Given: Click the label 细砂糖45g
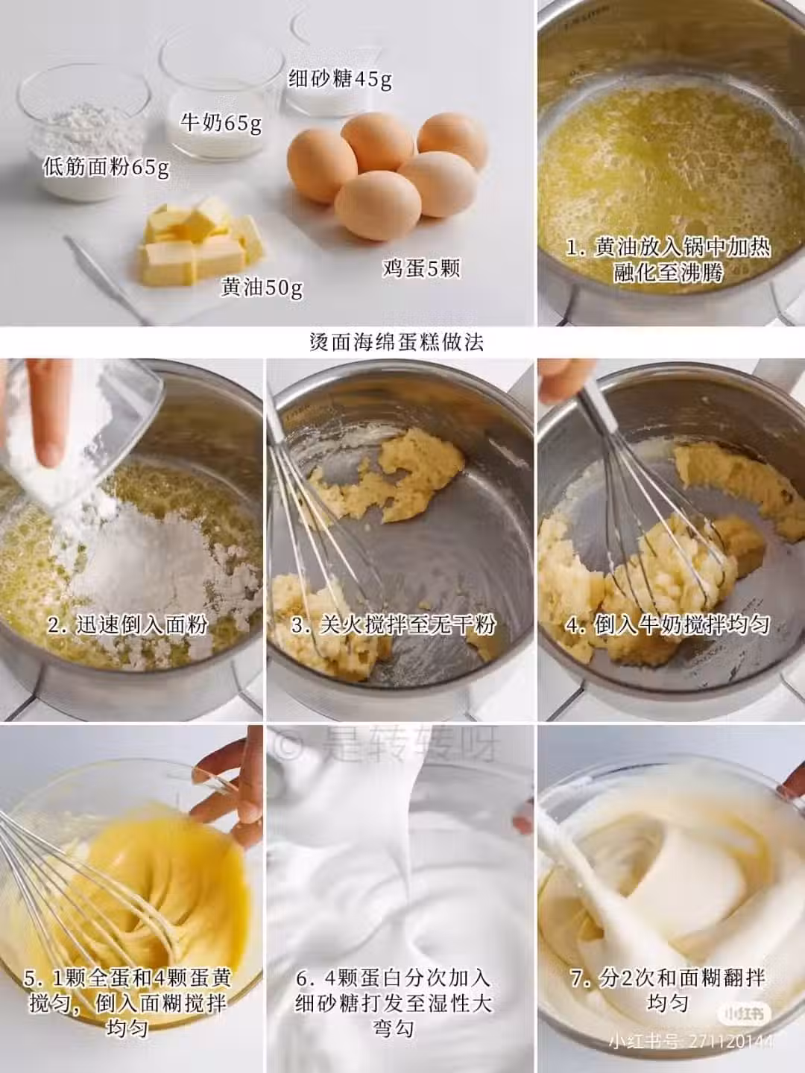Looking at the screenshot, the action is (340, 79).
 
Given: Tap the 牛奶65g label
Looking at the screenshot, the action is (221, 122).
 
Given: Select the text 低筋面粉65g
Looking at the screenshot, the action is (106, 168).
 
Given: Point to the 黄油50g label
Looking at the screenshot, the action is (262, 288).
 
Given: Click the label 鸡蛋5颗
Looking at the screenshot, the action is (421, 268).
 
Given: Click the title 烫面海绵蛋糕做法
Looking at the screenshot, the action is (397, 342).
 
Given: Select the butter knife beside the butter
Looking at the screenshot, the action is (105, 280).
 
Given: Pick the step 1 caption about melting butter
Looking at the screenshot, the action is (668, 260).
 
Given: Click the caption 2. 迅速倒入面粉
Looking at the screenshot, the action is (127, 624).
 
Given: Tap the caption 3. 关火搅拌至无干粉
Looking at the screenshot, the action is (394, 624).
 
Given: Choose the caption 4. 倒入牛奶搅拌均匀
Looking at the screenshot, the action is (668, 624).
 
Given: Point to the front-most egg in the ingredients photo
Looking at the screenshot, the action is (378, 206).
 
